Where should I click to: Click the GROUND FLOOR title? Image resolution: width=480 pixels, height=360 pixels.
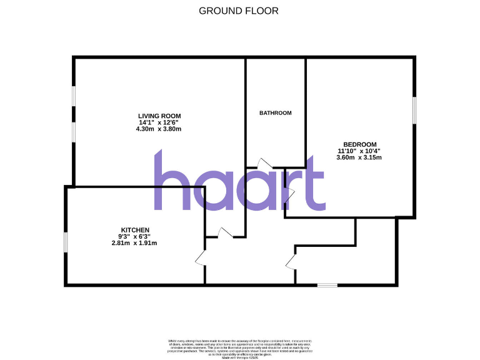(239, 11)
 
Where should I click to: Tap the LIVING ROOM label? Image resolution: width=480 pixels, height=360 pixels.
(159, 116)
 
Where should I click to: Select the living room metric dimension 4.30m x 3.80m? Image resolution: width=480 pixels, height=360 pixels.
(159, 129)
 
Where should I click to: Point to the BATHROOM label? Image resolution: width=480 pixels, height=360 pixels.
(276, 113)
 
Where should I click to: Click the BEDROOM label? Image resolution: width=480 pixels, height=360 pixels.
(359, 144)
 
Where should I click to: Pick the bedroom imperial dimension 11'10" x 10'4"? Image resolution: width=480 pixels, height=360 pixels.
(359, 151)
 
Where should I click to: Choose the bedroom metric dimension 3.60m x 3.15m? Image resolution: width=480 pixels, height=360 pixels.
(359, 157)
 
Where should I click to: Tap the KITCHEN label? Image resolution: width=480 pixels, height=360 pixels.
(135, 230)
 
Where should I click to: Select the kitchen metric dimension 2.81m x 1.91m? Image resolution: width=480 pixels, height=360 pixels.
(135, 243)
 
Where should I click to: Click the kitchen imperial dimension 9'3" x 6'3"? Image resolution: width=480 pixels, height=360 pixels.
(135, 236)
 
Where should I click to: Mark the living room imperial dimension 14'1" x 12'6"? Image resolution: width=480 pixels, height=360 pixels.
(159, 122)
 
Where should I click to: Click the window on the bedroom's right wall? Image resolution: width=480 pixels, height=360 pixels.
(413, 110)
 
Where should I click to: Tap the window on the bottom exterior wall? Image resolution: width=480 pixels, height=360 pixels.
(327, 286)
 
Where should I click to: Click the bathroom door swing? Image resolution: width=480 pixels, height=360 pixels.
(264, 164)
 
